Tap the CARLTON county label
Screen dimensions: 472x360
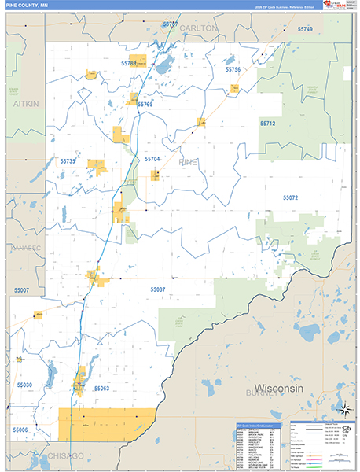[x=197, y=28]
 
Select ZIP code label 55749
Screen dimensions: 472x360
[x=305, y=29]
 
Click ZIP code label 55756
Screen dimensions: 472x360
[x=232, y=70]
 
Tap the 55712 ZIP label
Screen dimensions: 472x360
[x=268, y=124]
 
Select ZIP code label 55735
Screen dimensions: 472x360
[x=68, y=161]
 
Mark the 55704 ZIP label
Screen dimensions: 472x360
[x=152, y=159]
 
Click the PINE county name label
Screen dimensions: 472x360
[x=189, y=161]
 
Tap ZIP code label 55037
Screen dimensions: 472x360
[x=158, y=289]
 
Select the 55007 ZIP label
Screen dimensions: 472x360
[x=20, y=291]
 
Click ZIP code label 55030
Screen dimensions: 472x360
[x=24, y=385]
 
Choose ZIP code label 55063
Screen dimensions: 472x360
[x=101, y=389]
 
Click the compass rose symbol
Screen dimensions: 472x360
[x=344, y=408]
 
